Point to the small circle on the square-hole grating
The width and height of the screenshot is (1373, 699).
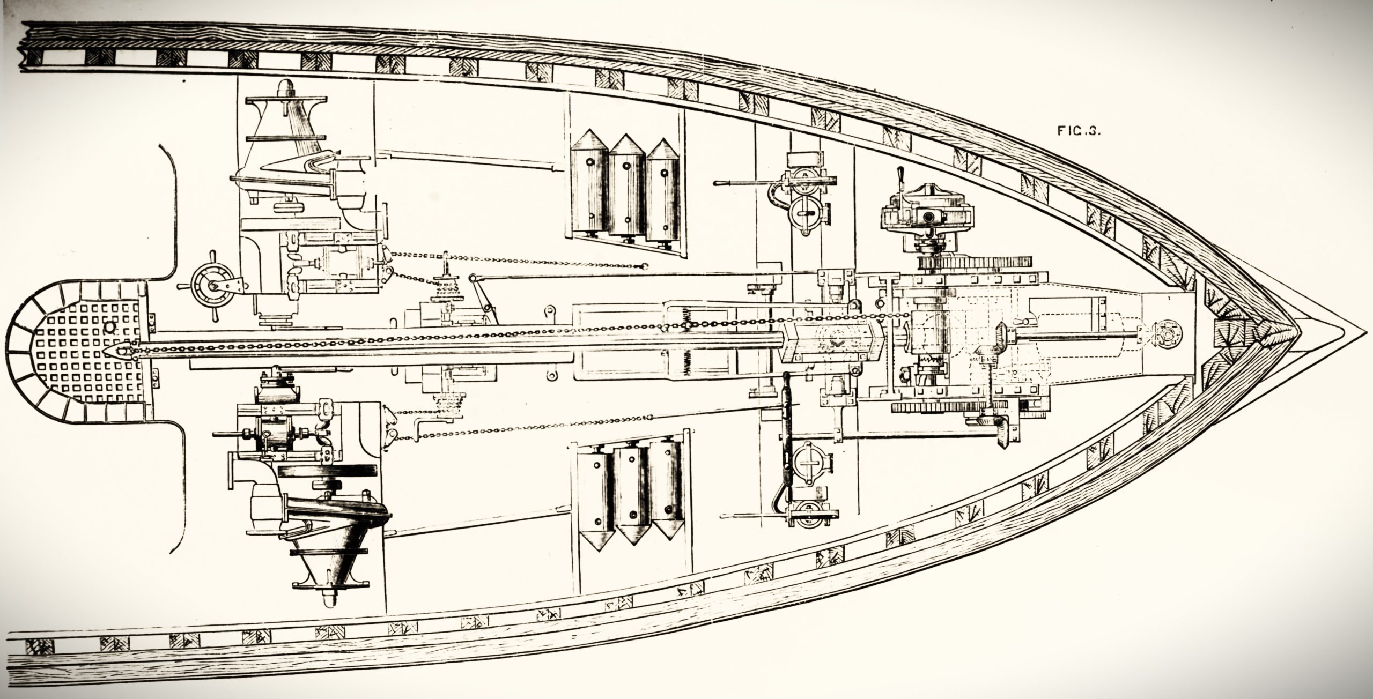click(110, 326)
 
